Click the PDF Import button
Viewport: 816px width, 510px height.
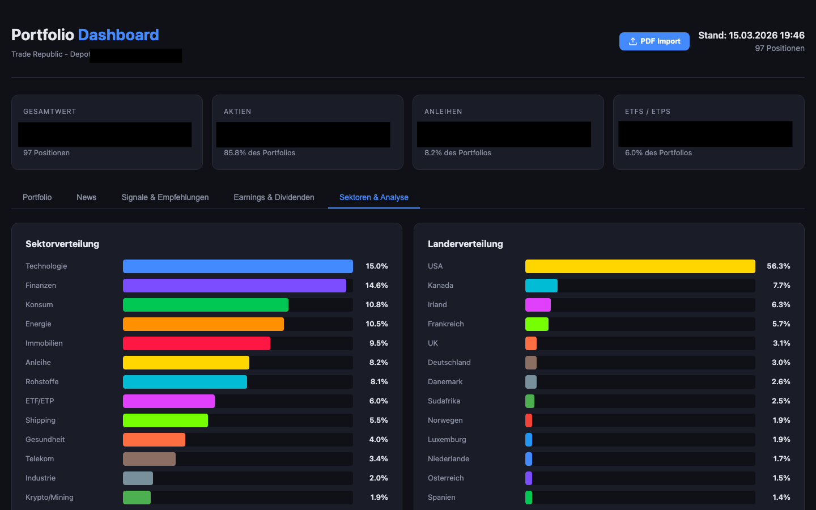coord(654,41)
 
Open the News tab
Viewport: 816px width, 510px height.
coord(86,197)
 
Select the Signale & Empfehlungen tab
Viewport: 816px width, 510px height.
coord(165,197)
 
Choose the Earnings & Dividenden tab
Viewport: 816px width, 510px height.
coord(274,197)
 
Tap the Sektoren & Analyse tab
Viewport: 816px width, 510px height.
coord(373,197)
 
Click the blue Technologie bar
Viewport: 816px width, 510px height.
coord(237,266)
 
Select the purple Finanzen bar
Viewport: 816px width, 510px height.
coord(234,286)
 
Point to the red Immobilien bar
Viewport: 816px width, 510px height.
coord(196,343)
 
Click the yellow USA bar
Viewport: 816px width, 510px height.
coord(640,266)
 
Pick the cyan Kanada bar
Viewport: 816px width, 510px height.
coord(541,286)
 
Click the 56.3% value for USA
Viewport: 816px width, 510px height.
coord(778,266)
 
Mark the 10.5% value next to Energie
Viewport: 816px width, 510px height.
coord(376,324)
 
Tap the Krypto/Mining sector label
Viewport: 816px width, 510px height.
coord(49,498)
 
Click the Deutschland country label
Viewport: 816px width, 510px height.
coord(449,363)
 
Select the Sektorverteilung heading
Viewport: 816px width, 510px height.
coord(62,244)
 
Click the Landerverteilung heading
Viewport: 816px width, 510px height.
coord(465,244)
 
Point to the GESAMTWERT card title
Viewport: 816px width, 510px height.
coord(49,112)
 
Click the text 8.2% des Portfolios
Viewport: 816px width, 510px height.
coord(457,153)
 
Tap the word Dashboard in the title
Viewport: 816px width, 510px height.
coord(118,35)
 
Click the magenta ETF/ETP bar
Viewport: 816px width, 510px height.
coord(168,401)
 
